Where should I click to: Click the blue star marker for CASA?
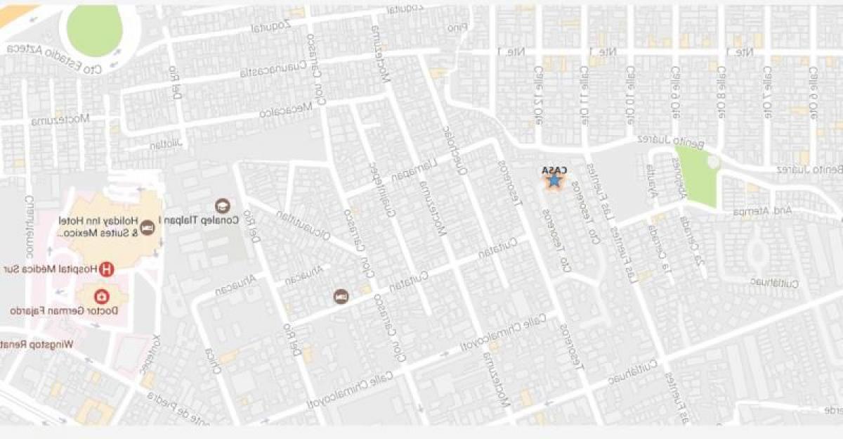click(x=554, y=182)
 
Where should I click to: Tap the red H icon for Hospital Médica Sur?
click(x=107, y=268)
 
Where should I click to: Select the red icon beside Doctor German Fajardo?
click(x=103, y=296)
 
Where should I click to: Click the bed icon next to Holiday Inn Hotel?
click(x=148, y=227)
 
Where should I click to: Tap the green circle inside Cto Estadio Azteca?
click(x=94, y=30)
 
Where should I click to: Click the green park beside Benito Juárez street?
click(x=696, y=176)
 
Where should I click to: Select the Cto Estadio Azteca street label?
click(x=55, y=61)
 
